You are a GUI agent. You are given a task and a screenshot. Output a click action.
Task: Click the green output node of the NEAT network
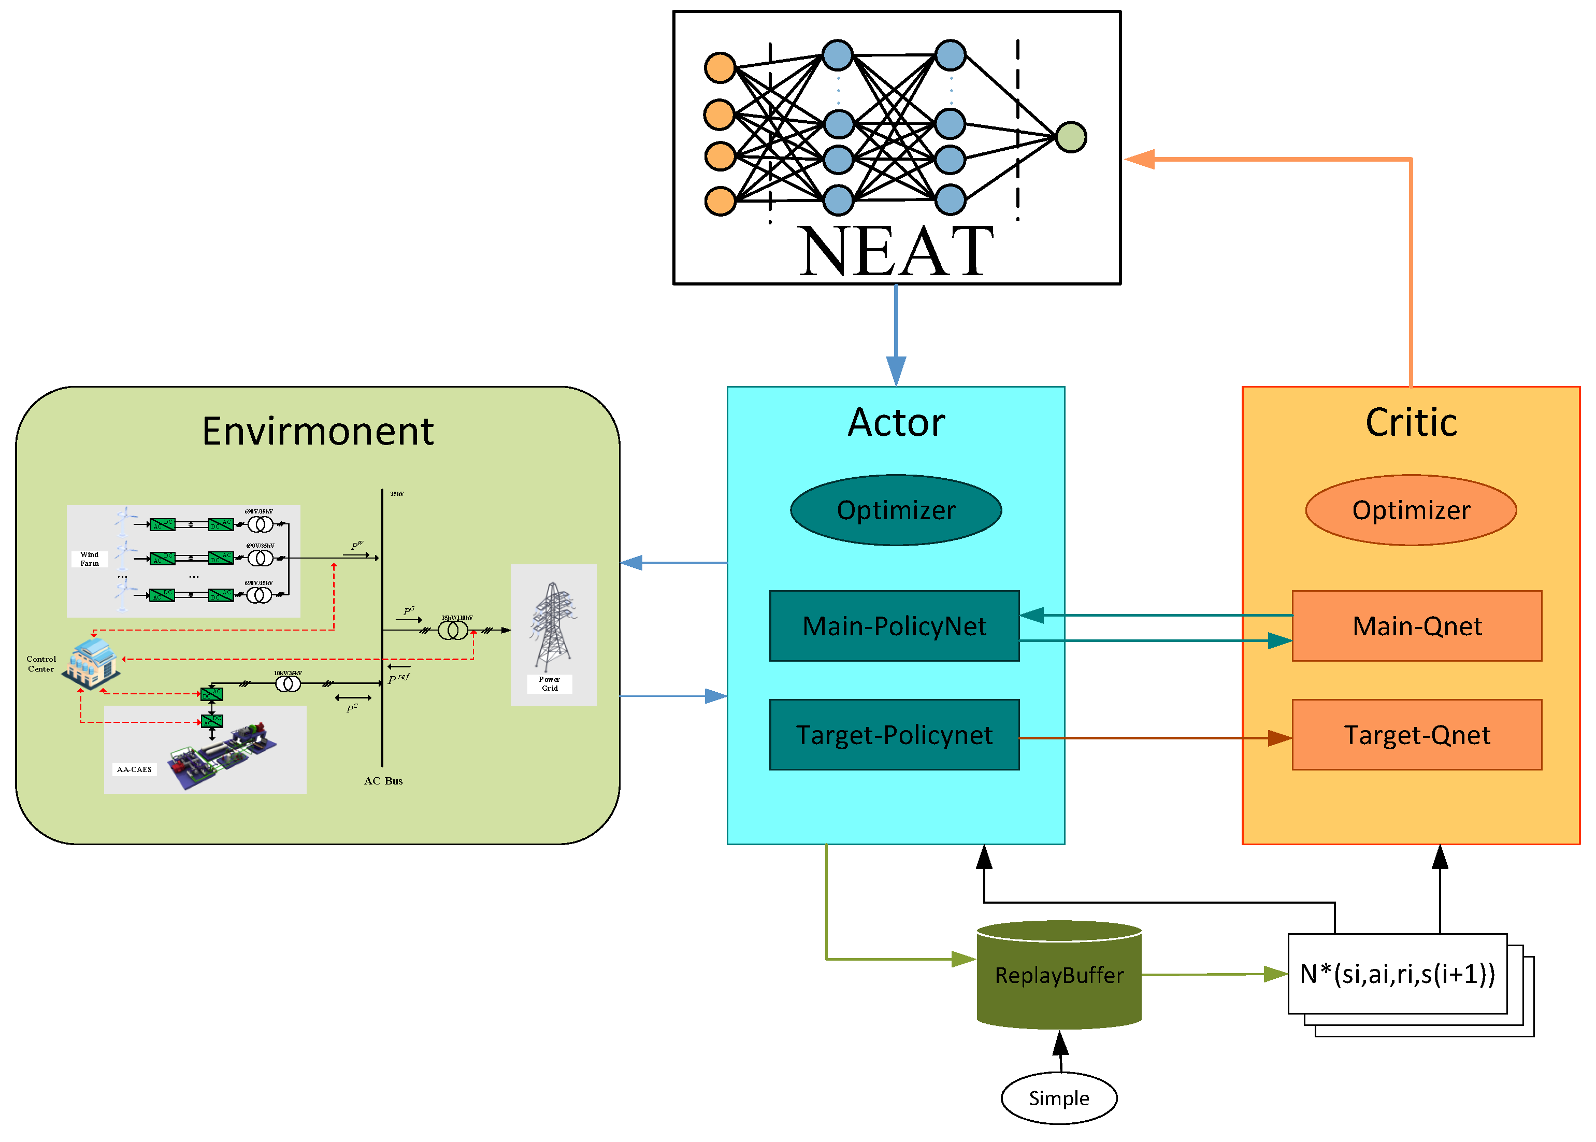click(1070, 137)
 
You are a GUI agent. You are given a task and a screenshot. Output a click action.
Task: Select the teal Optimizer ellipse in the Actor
click(895, 510)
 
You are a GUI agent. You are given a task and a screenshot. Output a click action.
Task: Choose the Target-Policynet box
click(894, 734)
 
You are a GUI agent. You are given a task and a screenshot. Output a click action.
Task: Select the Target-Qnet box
click(1416, 734)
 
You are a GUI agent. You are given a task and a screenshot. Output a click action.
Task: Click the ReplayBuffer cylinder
click(1058, 975)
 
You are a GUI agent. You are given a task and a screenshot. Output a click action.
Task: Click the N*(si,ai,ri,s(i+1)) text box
click(1397, 974)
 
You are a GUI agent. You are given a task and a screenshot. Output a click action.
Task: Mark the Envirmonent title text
click(317, 431)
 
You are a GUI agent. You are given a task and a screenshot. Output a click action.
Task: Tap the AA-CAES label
click(134, 769)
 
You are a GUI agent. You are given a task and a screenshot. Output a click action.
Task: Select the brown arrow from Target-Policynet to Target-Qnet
click(1153, 738)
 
